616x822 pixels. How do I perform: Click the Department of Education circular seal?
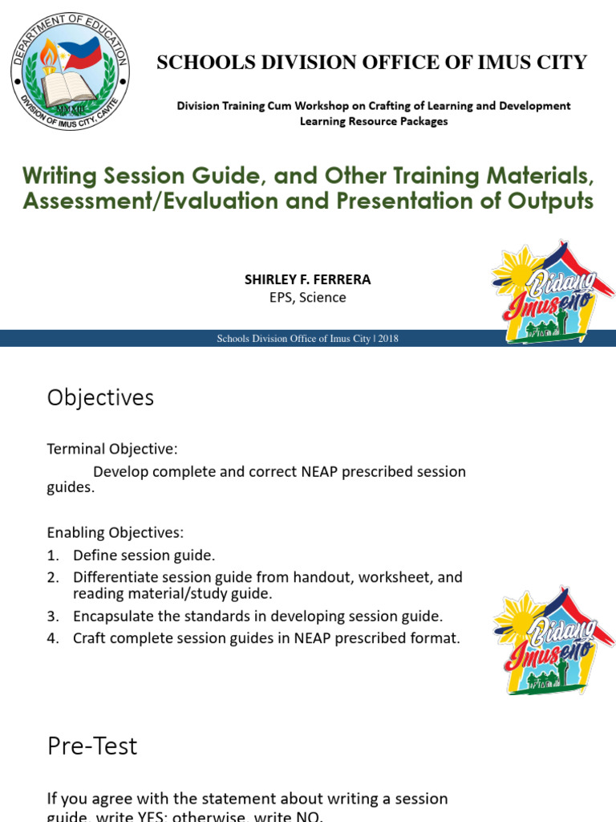[x=70, y=73]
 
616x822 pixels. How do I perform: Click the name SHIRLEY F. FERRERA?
[x=307, y=279]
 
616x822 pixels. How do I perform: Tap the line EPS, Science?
[x=307, y=297]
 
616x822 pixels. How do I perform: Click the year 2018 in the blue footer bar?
[x=388, y=339]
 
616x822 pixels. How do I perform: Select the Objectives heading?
[x=100, y=397]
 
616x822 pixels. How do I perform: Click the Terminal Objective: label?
[x=112, y=448]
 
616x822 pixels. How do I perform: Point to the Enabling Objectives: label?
[x=115, y=532]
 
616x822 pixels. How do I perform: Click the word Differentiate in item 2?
[x=113, y=577]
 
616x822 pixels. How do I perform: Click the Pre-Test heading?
[x=92, y=746]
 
